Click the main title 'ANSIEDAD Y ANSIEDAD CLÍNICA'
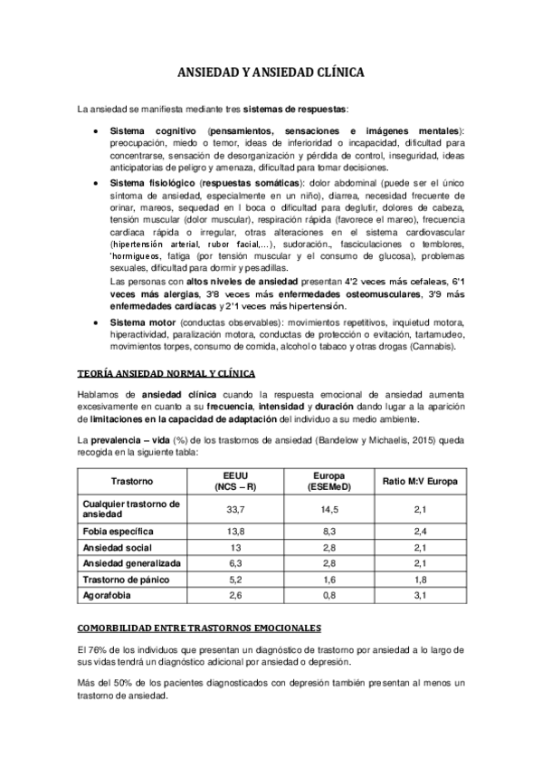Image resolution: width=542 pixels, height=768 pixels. click(x=271, y=75)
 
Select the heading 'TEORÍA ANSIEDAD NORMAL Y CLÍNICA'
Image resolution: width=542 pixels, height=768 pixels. click(x=166, y=374)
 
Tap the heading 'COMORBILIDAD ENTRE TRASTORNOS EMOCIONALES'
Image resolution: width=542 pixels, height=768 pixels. click(x=194, y=628)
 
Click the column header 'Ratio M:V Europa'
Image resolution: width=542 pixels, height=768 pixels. click(x=420, y=479)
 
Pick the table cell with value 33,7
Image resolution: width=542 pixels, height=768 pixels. click(x=236, y=509)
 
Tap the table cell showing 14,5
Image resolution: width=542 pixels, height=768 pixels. click(x=330, y=509)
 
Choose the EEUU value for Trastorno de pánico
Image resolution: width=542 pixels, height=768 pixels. click(x=236, y=578)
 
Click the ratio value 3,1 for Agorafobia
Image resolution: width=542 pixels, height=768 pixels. click(x=420, y=594)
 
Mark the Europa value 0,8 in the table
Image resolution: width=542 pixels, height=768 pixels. click(x=330, y=594)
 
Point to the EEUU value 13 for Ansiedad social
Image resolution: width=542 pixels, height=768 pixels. click(x=236, y=546)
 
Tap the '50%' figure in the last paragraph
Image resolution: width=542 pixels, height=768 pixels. click(x=130, y=686)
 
